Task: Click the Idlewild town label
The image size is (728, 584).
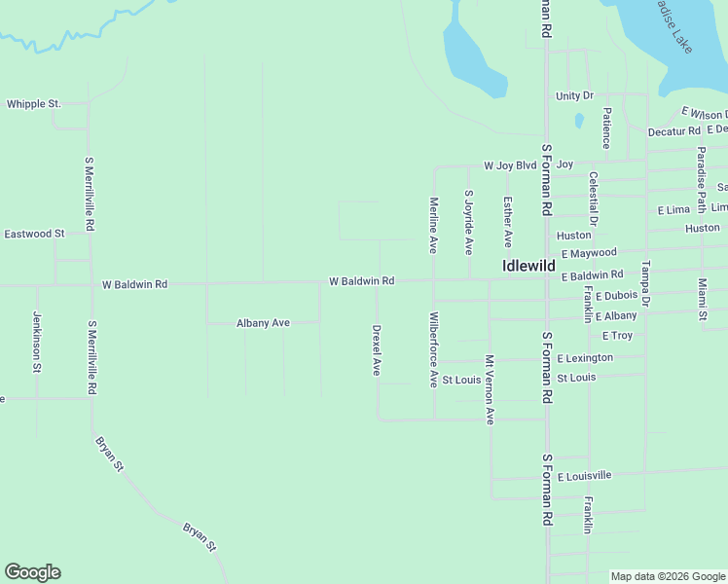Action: coord(528,265)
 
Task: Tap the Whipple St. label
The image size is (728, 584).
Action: coord(34,103)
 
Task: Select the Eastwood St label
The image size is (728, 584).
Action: coord(34,234)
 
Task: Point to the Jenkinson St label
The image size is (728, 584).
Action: coord(37,342)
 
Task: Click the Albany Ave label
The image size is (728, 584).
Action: coord(263,323)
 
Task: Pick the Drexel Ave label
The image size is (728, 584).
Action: coord(377,350)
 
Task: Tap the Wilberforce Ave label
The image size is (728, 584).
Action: coord(434,349)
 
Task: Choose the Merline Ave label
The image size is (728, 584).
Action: coord(434,225)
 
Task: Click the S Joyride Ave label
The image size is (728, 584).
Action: coord(468,222)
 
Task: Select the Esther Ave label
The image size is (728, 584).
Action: coord(508,221)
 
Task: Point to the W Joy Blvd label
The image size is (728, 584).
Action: coord(511,165)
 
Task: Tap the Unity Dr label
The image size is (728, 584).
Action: coord(574,95)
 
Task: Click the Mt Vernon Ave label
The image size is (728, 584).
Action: coord(491,389)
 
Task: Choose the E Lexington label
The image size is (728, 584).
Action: coord(585,358)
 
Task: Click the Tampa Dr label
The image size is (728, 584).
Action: coord(644,281)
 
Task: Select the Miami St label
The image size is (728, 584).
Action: coord(702,299)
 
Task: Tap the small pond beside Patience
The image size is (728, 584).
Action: coord(579,122)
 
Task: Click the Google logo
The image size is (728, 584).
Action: coord(32,572)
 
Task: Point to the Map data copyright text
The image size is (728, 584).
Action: coord(667,576)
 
